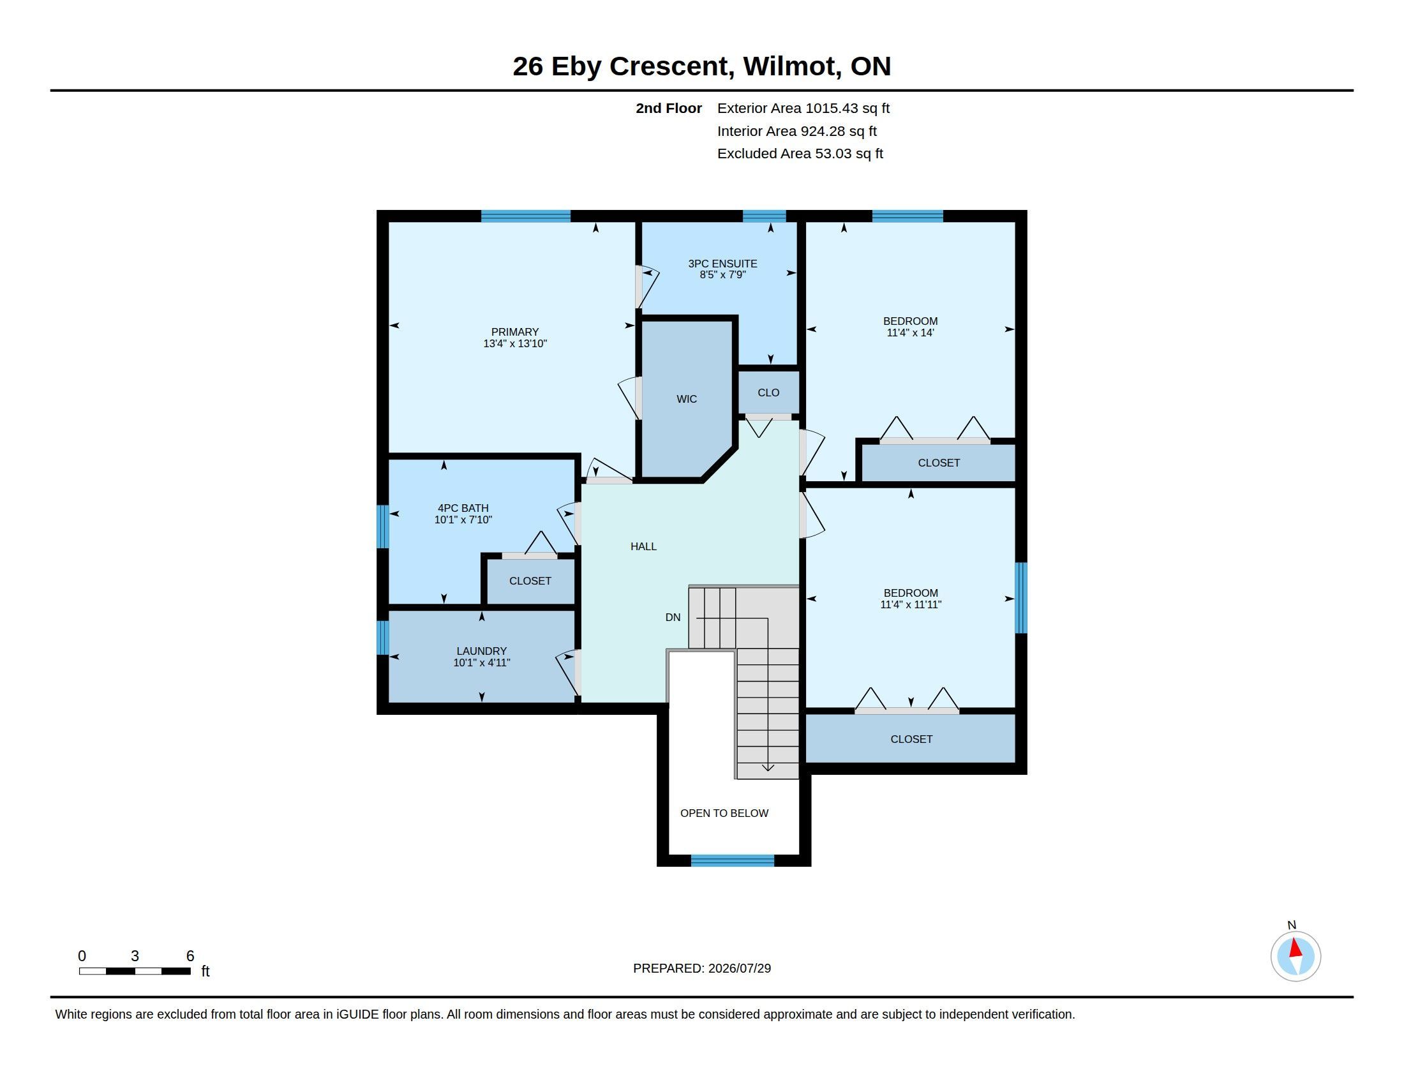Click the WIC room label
coord(687,399)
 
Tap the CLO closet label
coord(768,393)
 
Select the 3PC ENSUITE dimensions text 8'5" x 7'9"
coord(722,275)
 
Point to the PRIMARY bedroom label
coord(515,333)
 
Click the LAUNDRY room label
coord(481,651)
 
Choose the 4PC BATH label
coord(463,509)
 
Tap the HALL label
coord(643,546)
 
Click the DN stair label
coord(673,617)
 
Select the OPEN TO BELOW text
coord(724,813)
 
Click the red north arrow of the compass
coord(1296,948)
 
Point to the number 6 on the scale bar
coord(190,956)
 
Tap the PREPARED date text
coord(702,968)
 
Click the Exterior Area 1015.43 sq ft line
coord(803,108)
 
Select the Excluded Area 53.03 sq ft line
coord(800,154)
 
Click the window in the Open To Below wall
coord(732,861)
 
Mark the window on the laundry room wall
coord(382,637)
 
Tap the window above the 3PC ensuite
coord(765,216)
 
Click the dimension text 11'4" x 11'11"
coord(910,605)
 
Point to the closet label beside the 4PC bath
coord(530,581)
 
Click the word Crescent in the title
coord(672,66)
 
